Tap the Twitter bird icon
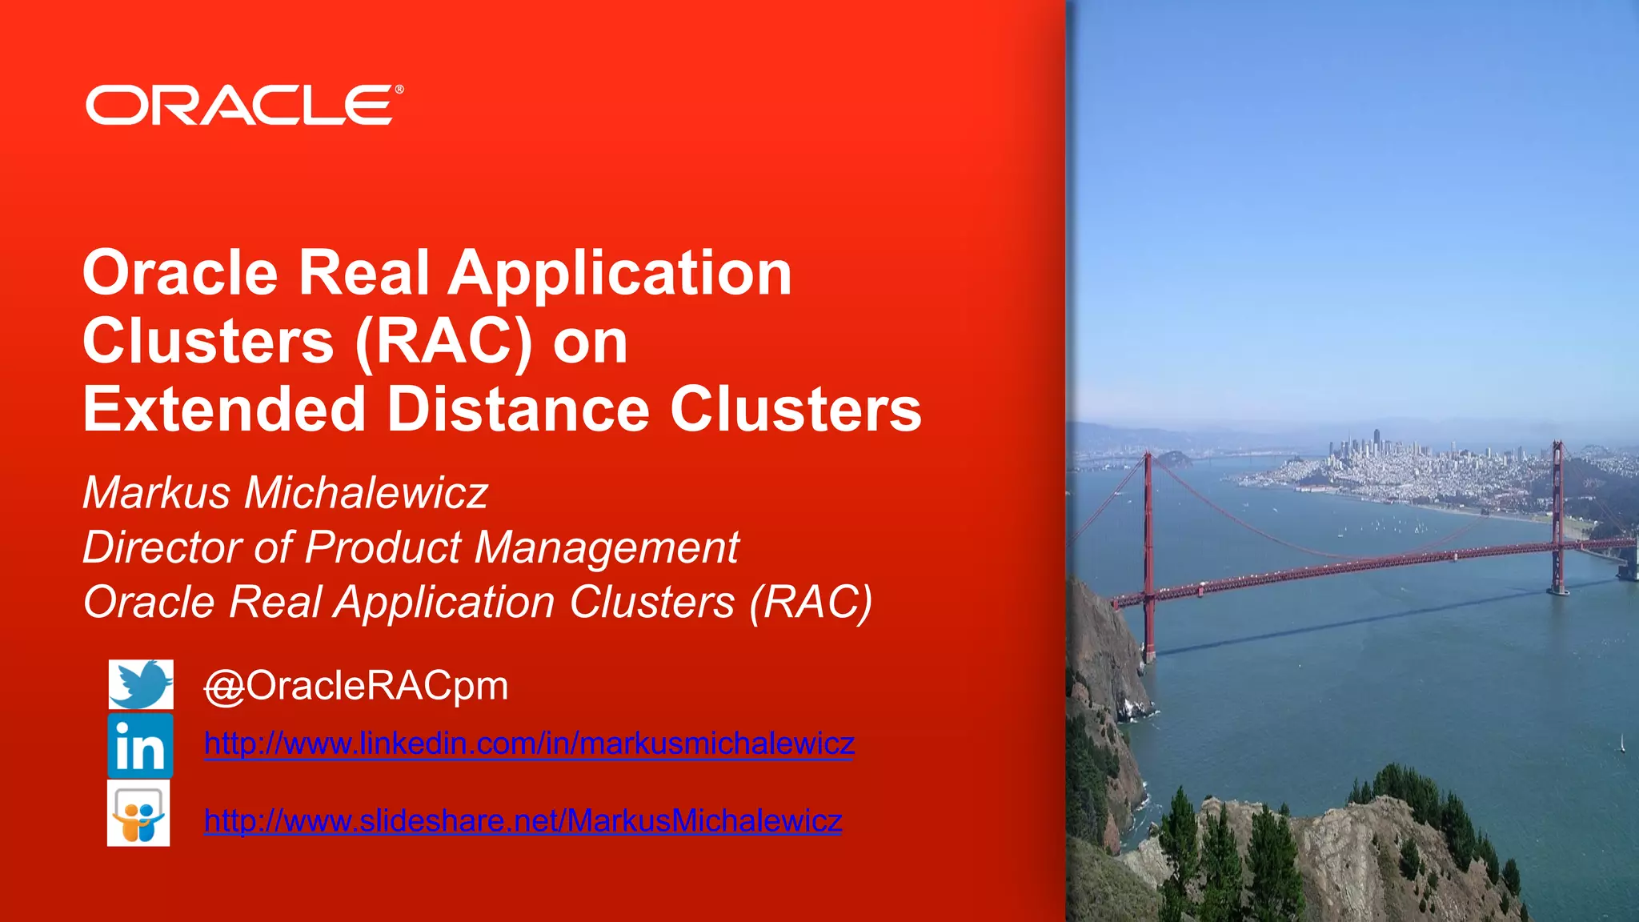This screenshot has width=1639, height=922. point(141,684)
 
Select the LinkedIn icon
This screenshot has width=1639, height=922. point(140,746)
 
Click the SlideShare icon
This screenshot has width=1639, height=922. point(138,813)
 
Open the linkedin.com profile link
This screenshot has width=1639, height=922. point(529,744)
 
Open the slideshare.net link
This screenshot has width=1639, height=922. point(523,820)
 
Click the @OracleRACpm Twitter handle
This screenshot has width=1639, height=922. point(356,686)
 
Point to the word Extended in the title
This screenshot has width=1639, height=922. point(224,409)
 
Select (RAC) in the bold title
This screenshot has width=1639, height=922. point(443,342)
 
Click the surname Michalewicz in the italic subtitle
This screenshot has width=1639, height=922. point(366,492)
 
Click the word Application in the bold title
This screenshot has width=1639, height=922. point(619,275)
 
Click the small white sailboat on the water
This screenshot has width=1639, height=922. point(1622,744)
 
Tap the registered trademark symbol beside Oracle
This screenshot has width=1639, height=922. point(399,90)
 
